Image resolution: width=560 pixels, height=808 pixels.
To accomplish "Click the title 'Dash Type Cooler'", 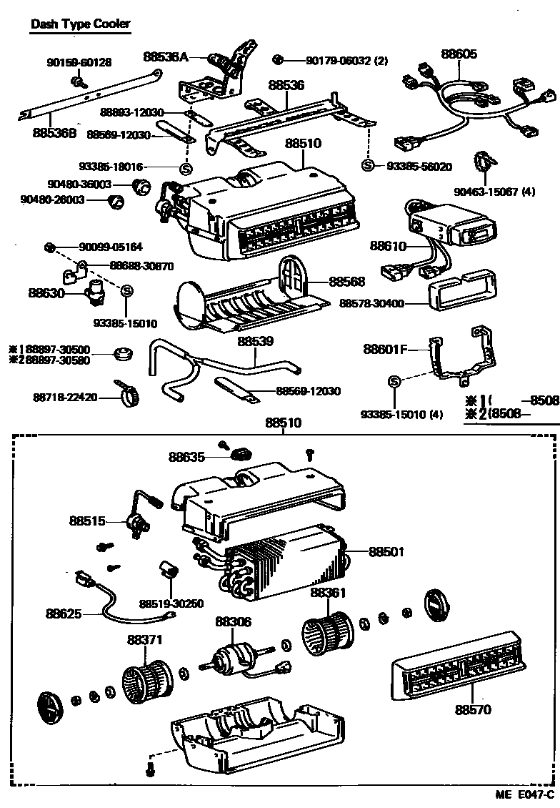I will pos(80,24).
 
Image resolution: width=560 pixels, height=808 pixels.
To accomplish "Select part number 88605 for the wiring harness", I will pos(459,54).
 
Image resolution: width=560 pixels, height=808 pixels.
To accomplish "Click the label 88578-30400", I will pos(371,304).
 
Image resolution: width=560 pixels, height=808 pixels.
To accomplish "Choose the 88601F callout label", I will pos(384,350).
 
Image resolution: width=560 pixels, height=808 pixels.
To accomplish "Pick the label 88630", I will pos(46,292).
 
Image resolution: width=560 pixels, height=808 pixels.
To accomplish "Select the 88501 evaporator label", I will pos(386,552).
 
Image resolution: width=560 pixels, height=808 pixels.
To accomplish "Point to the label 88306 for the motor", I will pos(234,622).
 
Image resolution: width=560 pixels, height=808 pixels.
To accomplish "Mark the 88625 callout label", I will pos(64,614).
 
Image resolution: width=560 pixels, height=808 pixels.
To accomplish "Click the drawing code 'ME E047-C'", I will pos(526,795).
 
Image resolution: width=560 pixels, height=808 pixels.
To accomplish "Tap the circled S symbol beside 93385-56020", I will pos(368,166).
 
